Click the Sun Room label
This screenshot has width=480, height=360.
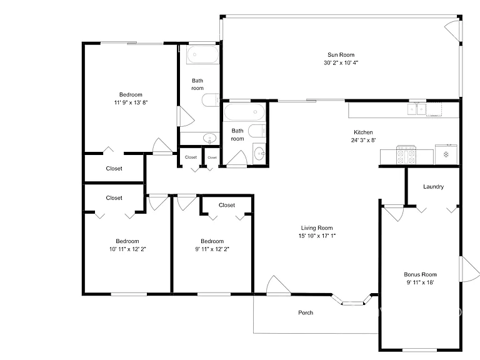tap(341, 55)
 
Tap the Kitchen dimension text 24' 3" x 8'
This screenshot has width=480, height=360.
tap(363, 140)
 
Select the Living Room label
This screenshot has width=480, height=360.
tap(317, 227)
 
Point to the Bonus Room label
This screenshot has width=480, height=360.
tap(420, 274)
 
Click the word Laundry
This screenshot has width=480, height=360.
tap(434, 187)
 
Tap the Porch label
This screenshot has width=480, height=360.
tap(306, 312)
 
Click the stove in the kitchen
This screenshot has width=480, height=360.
tap(406, 155)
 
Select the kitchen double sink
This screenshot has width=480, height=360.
tap(417, 109)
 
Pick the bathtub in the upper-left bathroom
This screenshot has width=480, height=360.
tap(202, 55)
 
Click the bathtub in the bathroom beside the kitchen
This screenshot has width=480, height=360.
tap(244, 112)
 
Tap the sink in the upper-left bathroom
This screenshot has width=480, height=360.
tap(210, 138)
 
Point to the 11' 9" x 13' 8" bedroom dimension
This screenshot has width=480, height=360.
tap(131, 102)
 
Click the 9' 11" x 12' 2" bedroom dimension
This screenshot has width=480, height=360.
tap(212, 249)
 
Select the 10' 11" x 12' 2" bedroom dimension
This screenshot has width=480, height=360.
tap(127, 249)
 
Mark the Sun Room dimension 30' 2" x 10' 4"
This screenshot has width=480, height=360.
tap(341, 62)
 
